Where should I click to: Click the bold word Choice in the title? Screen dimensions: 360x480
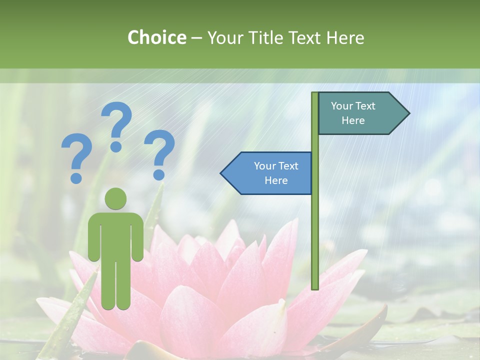156,37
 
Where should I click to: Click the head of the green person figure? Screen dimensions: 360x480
116,199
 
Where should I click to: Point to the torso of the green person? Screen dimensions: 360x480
116,235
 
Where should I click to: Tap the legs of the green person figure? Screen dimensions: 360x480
116,285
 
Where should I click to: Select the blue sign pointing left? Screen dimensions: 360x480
270,173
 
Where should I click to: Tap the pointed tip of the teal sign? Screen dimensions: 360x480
408,113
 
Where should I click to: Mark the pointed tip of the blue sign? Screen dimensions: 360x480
222,173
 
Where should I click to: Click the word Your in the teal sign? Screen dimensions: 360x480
341,106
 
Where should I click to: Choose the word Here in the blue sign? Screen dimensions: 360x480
276,180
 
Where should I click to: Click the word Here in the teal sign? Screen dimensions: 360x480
353,120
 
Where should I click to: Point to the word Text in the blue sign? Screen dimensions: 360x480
287,166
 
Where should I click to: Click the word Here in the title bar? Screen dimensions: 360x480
345,37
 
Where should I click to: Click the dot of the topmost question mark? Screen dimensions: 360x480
116,146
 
